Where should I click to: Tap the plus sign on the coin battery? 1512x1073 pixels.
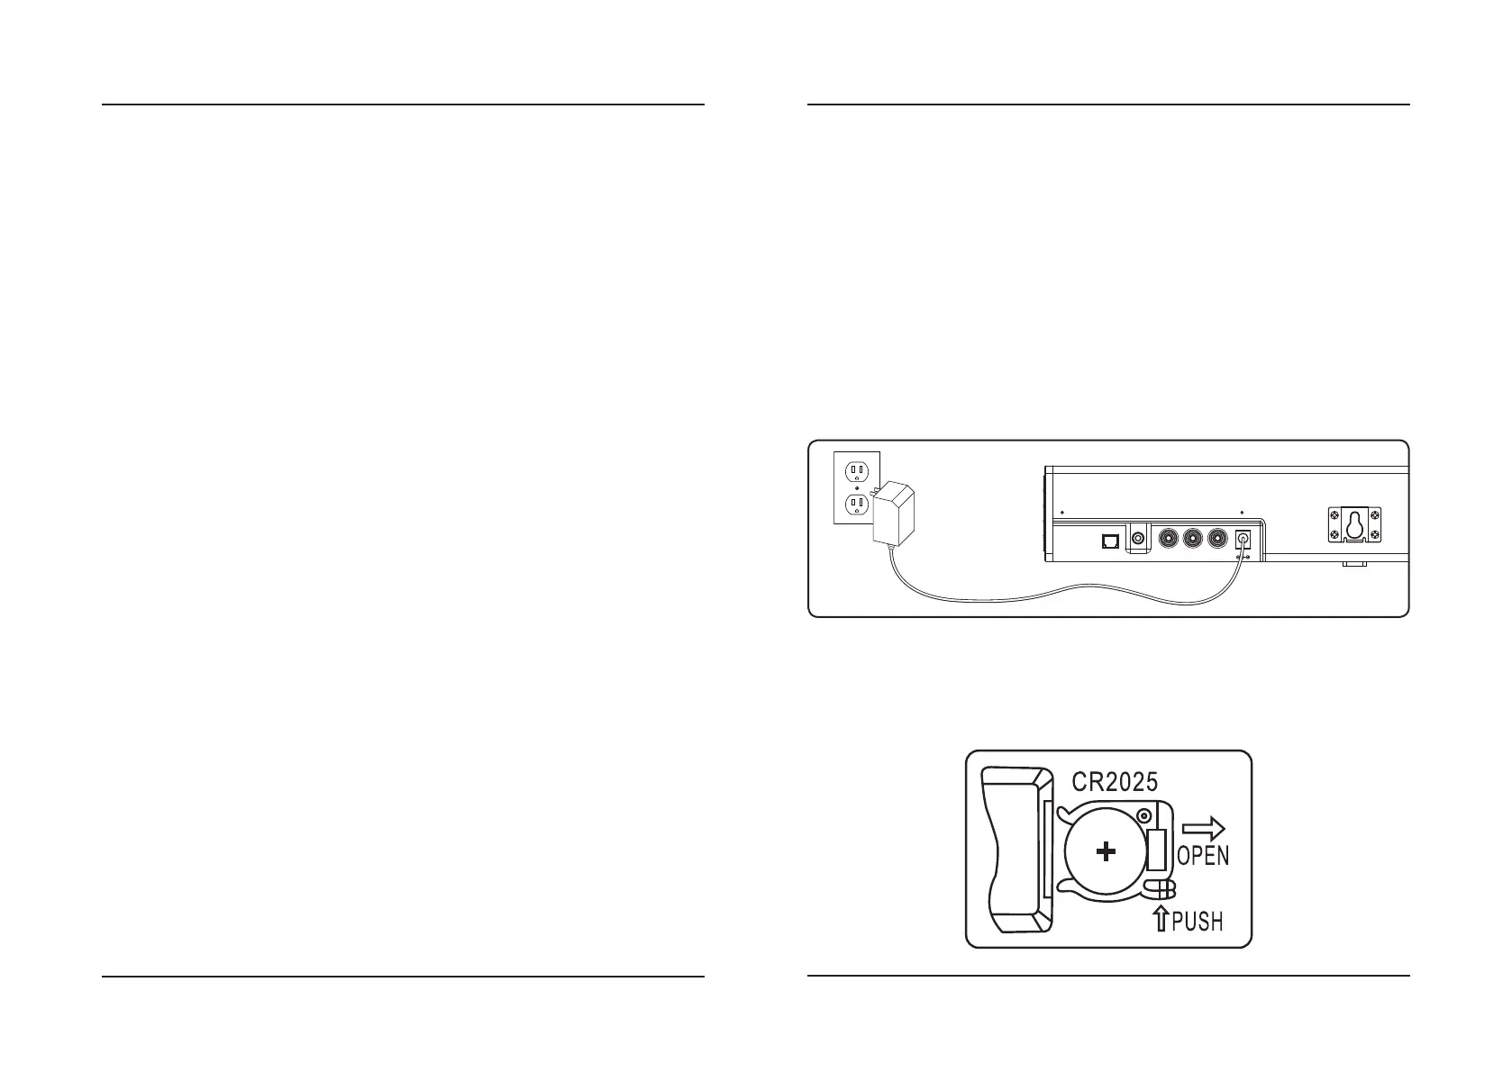(x=1106, y=851)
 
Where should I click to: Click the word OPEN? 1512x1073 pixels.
(x=1203, y=855)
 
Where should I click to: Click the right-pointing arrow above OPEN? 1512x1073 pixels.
(x=1204, y=828)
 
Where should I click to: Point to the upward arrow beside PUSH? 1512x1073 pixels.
(x=1161, y=920)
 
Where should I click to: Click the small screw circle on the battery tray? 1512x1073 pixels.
(x=1144, y=815)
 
